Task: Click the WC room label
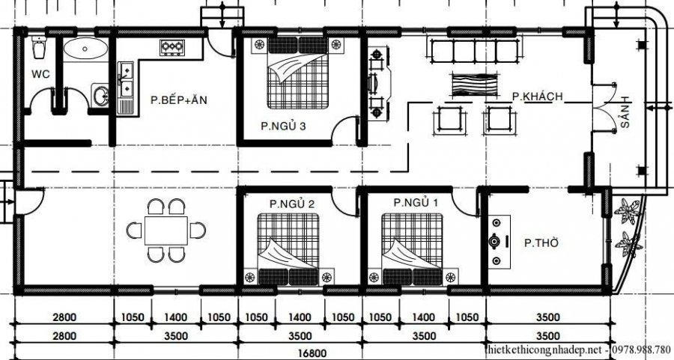40,73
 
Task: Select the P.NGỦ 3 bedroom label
283,126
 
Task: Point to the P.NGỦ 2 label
291,204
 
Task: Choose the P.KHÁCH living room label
538,97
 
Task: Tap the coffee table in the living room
469,84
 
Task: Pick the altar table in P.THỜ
496,242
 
